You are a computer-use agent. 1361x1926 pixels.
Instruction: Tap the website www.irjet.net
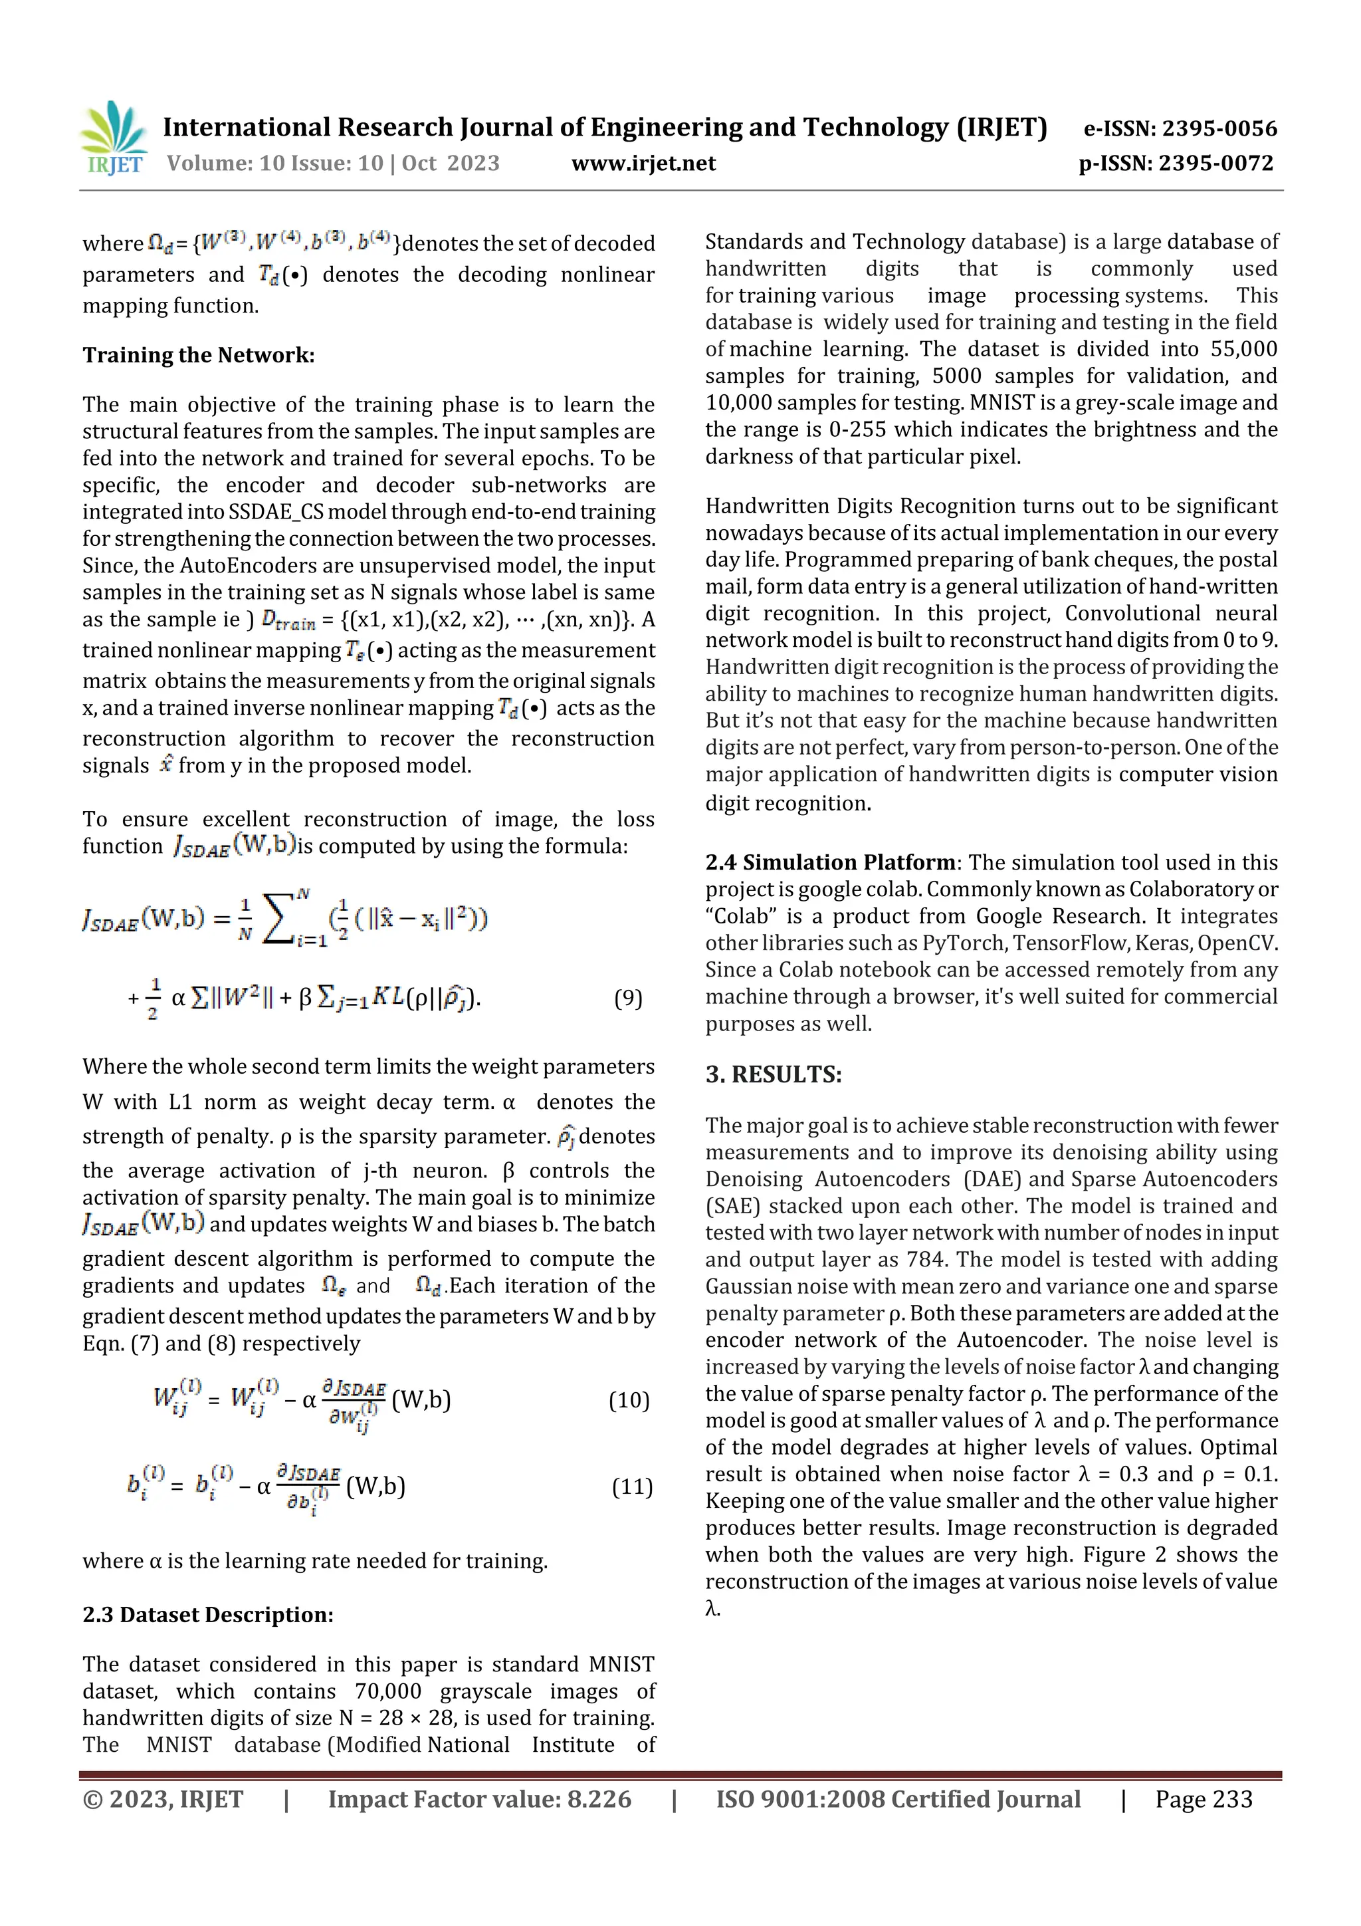643,164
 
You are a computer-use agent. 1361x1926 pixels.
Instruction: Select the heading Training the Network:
199,356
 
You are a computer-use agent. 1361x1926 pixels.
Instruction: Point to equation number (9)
628,998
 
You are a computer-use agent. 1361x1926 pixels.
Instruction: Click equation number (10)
629,1400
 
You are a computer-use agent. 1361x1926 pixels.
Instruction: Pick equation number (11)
631,1487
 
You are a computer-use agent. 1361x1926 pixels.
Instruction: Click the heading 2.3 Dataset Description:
208,1615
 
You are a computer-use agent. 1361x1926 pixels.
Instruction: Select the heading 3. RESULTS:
773,1074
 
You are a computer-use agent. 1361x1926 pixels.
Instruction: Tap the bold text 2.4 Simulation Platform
829,862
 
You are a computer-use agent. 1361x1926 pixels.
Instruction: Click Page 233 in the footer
1204,1799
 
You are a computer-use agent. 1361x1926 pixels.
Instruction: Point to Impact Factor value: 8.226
479,1799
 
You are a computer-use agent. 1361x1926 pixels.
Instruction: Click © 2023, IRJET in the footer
163,1799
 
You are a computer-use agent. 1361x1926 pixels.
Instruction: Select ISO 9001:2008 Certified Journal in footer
897,1799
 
